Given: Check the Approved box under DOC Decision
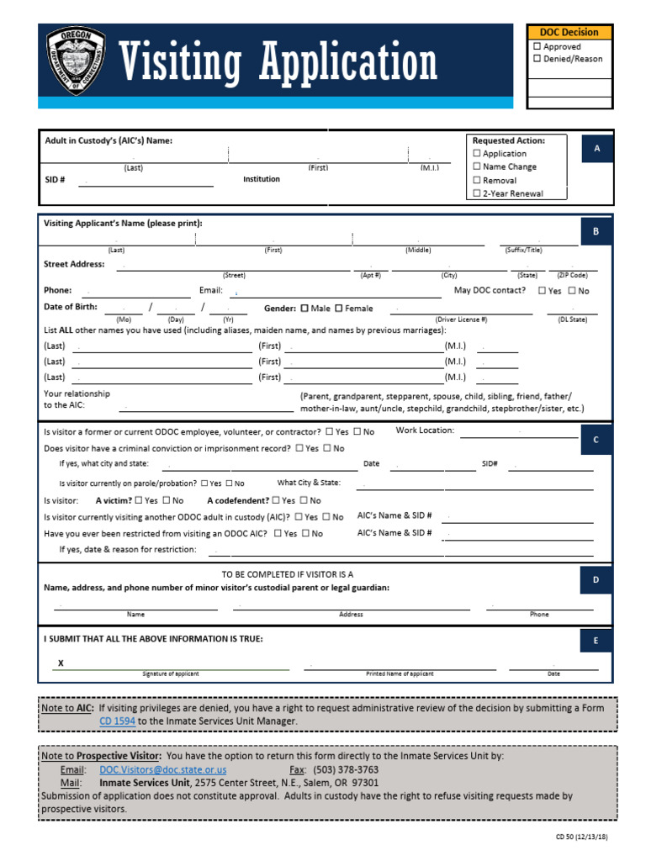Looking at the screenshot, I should pos(537,47).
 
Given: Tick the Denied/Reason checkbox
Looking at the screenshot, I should pos(537,59).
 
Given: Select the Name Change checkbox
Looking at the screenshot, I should pos(477,166).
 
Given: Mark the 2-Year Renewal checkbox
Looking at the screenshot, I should pos(477,193).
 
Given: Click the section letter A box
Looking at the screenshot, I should pos(596,149).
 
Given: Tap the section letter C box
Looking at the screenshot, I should pos(596,440).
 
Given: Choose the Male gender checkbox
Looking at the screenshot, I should pos(304,309).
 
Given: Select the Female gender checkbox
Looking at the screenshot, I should pos(339,309).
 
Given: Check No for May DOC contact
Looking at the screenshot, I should pos(572,291).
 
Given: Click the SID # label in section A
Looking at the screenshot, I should pos(55,180).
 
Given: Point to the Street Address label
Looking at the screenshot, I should pos(74,264).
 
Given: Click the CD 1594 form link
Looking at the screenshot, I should pos(117,721).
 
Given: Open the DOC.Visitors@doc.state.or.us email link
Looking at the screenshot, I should pos(162,769).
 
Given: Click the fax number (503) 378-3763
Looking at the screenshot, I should pos(346,769).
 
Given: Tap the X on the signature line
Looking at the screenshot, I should pos(61,663).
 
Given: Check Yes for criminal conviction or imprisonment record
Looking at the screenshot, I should pos(300,448).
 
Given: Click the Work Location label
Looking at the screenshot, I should pos(425,430).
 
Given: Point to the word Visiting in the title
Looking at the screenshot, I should pos(179,63).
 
